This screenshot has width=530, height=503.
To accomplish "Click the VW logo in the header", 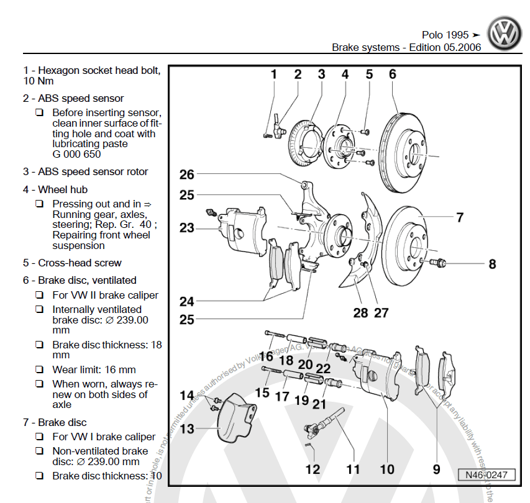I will (x=505, y=33).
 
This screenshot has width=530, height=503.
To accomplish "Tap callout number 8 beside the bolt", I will (x=492, y=264).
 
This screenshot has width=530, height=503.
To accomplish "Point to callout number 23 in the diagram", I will (x=187, y=228).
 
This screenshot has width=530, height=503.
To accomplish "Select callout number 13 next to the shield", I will (x=187, y=428).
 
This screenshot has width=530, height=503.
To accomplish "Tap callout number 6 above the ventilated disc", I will (x=393, y=75).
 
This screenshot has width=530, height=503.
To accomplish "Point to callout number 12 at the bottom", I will (x=313, y=469).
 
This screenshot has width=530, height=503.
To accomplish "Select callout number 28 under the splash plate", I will (x=360, y=312).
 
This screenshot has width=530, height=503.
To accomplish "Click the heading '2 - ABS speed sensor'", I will (x=73, y=98).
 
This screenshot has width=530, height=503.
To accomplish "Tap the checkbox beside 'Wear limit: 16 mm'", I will (x=40, y=369).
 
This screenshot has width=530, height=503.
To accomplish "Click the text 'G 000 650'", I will (x=76, y=154).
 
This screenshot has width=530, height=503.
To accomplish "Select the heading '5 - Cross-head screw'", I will (x=72, y=263).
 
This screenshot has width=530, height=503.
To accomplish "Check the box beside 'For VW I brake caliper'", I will (x=40, y=437).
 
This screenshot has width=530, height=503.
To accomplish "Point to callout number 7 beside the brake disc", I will (x=460, y=217).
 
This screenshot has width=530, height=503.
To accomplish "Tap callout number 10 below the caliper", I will (x=387, y=469).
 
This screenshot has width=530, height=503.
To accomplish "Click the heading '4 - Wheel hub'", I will (x=55, y=189).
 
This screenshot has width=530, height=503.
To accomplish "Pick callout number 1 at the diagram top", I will (x=273, y=75).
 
